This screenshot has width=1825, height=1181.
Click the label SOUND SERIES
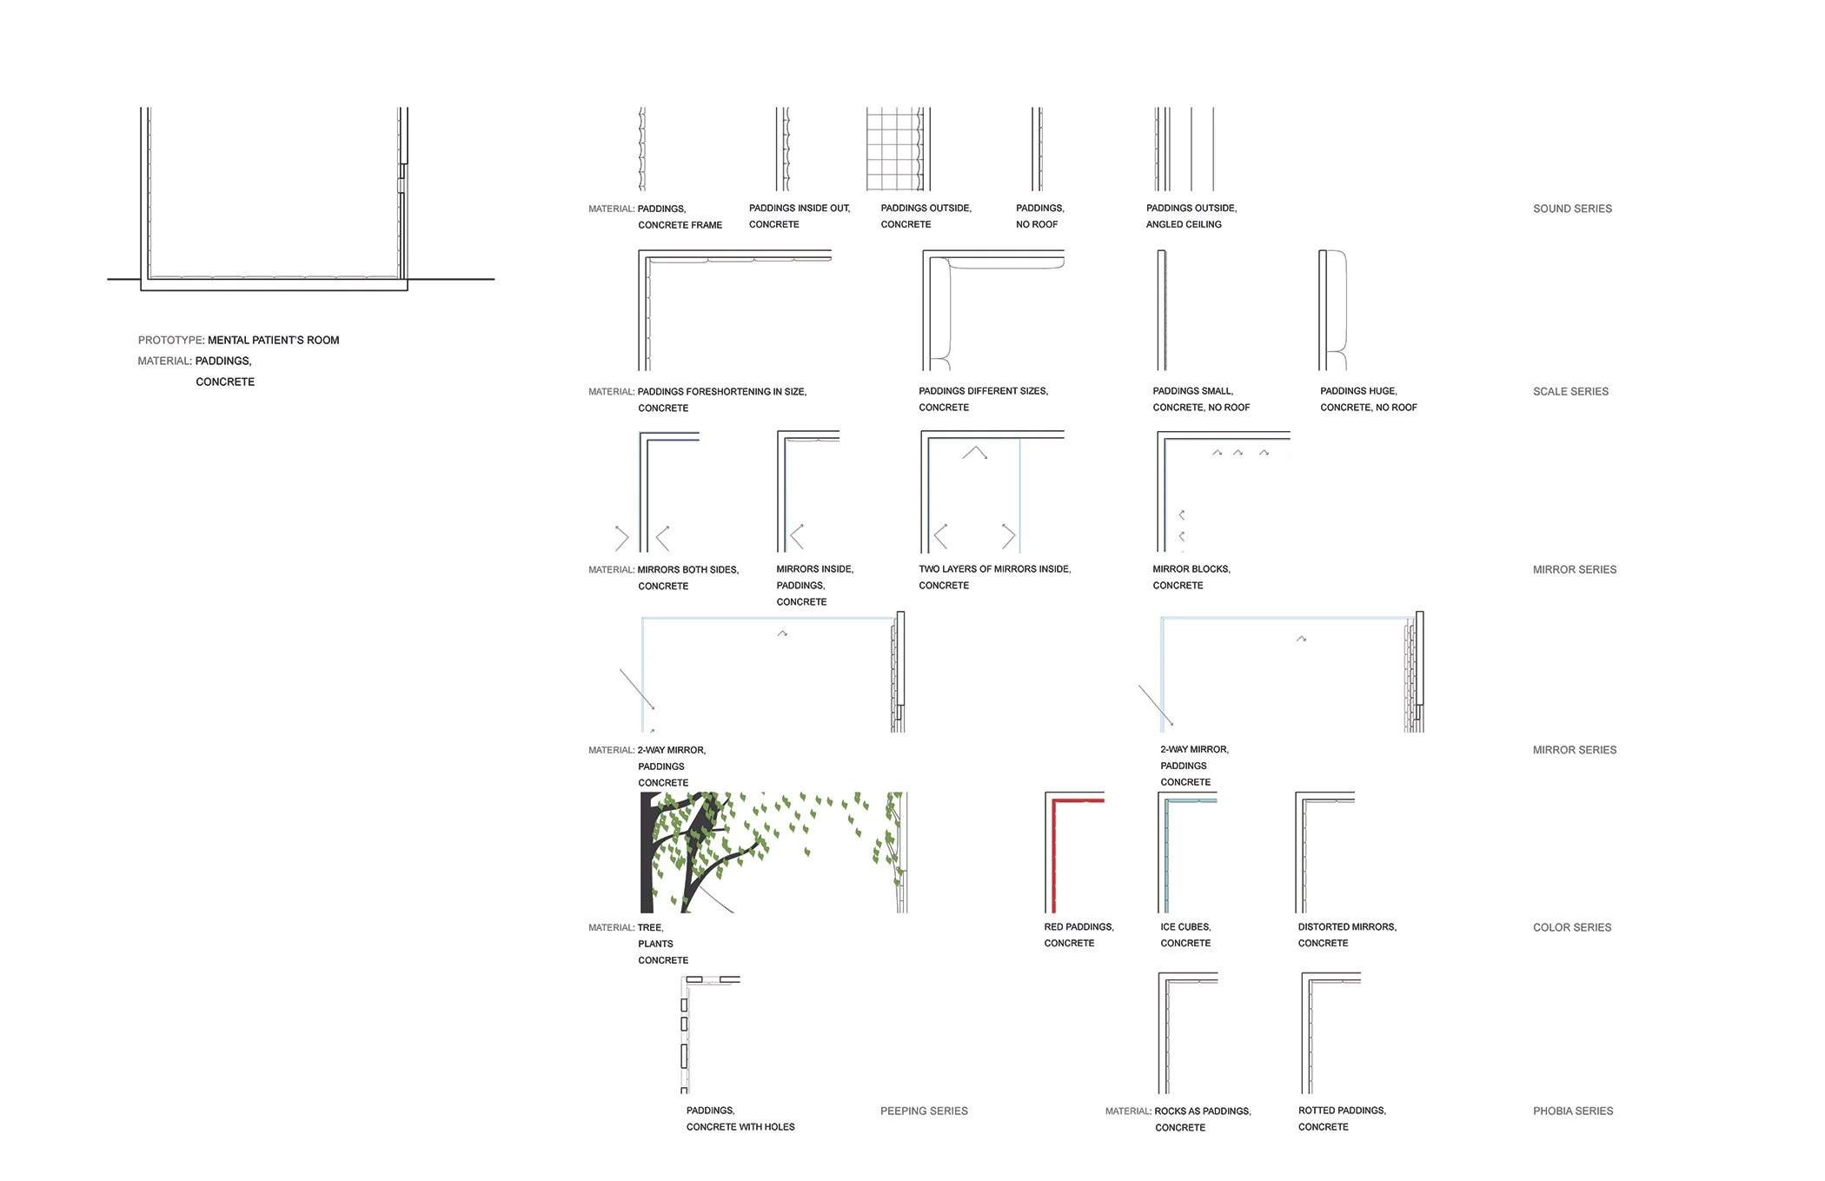[1571, 209]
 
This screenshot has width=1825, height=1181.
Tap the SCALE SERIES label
[1569, 392]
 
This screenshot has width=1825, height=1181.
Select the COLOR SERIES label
[1571, 927]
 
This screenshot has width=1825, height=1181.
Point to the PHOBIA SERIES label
[1572, 1111]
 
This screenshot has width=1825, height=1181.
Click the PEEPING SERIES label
[923, 1111]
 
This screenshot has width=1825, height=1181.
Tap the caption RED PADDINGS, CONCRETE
[1078, 935]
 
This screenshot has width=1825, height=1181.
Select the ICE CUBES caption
[1185, 935]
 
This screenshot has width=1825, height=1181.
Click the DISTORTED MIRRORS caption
[1346, 935]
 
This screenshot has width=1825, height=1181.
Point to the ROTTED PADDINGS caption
[1341, 1118]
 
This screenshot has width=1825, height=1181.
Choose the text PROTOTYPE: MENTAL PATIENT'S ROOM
[238, 341]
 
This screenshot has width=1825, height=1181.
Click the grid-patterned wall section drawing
[894, 149]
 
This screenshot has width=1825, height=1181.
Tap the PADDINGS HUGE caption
[1367, 399]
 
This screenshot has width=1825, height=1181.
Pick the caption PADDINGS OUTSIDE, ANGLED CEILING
[1191, 216]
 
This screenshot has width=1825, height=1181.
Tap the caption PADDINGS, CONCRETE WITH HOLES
[740, 1118]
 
